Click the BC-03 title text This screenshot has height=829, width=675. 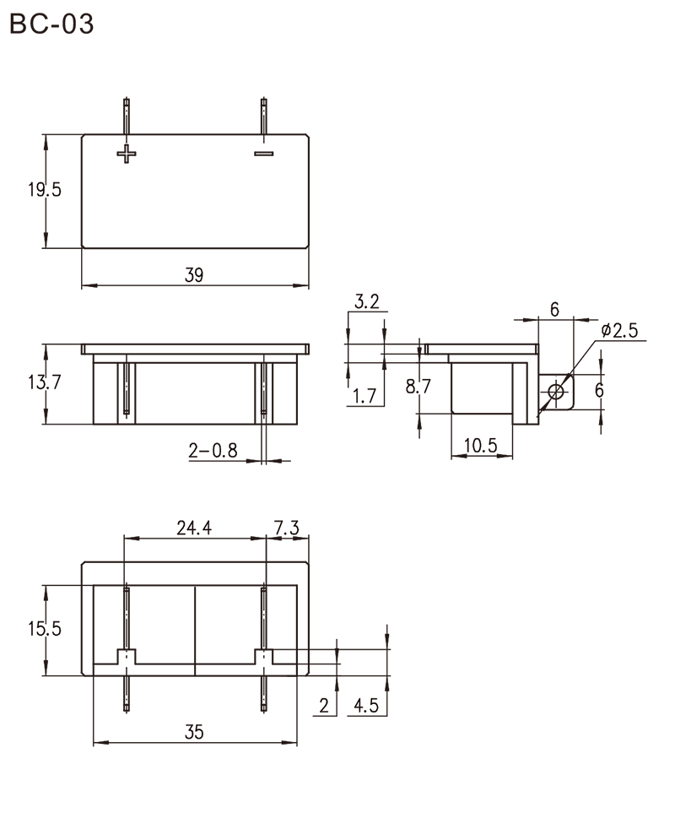point(51,24)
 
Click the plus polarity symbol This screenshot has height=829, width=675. point(127,154)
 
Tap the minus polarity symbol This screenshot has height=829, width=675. point(264,154)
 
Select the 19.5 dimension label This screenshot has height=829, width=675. point(45,189)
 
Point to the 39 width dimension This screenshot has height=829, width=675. point(194,275)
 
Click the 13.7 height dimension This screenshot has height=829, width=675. point(45,382)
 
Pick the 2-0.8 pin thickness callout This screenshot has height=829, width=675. point(213,451)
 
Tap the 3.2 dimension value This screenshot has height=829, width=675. point(367,301)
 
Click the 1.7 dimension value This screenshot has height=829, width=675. point(364,395)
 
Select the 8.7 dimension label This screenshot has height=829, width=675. point(418,387)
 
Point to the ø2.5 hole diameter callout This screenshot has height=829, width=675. point(620,330)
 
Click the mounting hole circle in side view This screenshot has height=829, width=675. point(556,392)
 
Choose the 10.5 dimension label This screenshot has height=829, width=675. point(480,446)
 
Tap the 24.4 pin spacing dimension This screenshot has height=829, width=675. point(194,528)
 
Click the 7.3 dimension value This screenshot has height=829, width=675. point(287,528)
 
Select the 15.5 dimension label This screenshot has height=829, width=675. point(45,629)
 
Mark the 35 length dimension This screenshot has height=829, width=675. point(194,732)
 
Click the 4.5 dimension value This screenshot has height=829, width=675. point(366,705)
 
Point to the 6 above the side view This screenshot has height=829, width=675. point(554,309)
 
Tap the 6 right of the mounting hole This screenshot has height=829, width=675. point(599,390)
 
